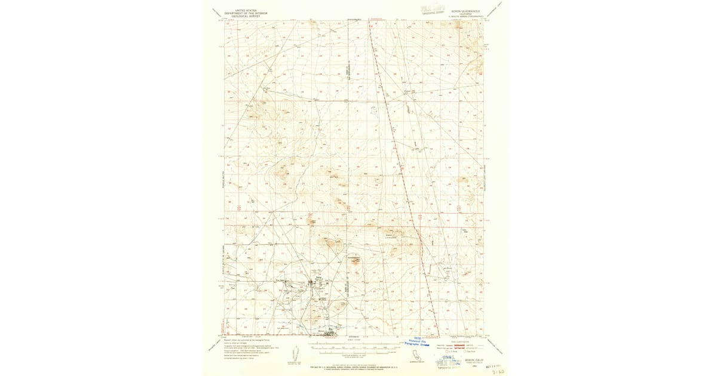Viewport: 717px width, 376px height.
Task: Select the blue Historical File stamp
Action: tap(418, 342)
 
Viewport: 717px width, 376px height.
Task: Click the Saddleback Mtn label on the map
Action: tap(356, 257)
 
